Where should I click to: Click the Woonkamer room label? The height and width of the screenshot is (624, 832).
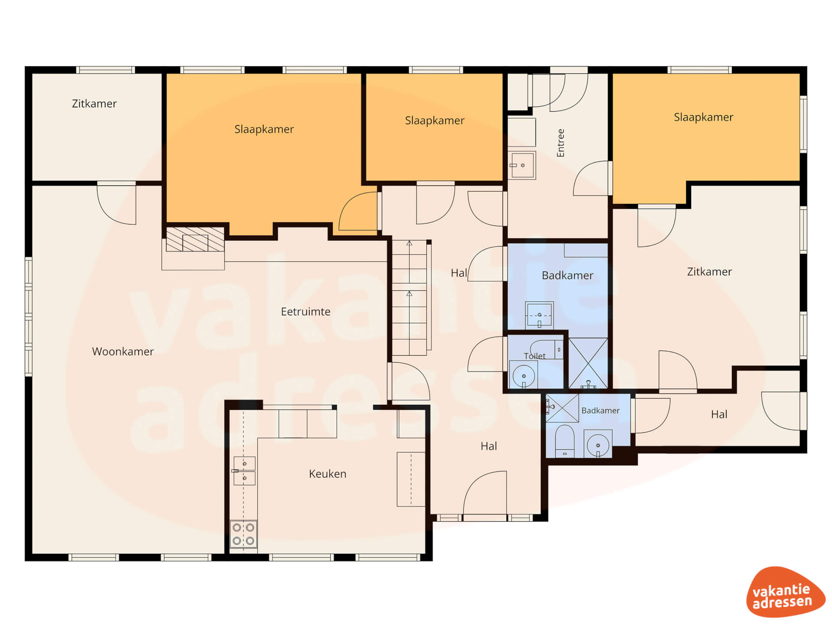123,351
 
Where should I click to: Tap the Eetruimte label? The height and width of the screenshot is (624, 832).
305,312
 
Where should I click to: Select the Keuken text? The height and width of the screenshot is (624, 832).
328,474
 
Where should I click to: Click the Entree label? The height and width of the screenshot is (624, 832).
561,143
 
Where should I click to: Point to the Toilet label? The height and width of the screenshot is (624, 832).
535,356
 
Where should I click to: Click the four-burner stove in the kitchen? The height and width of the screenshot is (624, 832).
243,534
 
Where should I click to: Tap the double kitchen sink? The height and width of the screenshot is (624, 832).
244,471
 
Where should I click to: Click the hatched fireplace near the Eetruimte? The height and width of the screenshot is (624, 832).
195,240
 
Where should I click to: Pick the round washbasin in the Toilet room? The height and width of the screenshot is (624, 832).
523,375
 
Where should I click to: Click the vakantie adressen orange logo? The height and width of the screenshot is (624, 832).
785,592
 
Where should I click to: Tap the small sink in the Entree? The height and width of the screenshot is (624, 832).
522,165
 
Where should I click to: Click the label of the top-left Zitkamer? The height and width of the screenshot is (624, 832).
94,104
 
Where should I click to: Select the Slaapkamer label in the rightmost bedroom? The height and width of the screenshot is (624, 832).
703,117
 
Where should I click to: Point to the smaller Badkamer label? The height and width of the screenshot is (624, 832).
600,410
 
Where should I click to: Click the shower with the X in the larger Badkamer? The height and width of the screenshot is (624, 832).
588,363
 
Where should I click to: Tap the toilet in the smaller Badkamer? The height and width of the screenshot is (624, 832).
564,441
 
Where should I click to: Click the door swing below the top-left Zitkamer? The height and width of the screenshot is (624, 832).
117,204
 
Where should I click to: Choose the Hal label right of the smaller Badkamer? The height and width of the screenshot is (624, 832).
719,415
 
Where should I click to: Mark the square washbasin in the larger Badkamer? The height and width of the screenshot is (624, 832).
539,315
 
